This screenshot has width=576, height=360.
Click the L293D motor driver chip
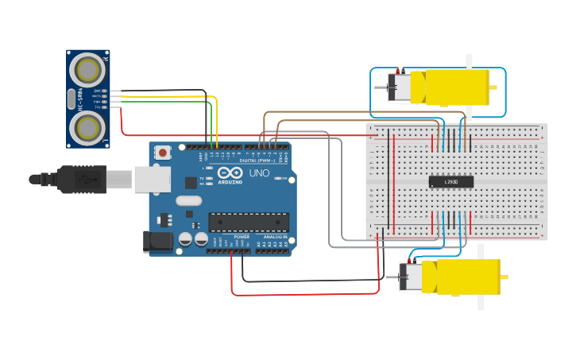(451, 182)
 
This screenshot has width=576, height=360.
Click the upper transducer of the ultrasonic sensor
(87, 70)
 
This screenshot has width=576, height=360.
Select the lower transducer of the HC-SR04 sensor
(87, 126)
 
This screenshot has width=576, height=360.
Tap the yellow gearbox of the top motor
(458, 87)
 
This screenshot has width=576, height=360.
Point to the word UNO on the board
(259, 173)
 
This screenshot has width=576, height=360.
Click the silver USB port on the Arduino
(152, 179)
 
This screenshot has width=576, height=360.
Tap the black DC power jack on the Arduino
(158, 242)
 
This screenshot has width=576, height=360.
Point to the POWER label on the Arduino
(242, 237)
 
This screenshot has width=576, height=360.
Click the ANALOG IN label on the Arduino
(275, 237)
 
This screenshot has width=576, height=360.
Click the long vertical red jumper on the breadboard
(394, 179)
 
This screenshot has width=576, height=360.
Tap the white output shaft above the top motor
(469, 60)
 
